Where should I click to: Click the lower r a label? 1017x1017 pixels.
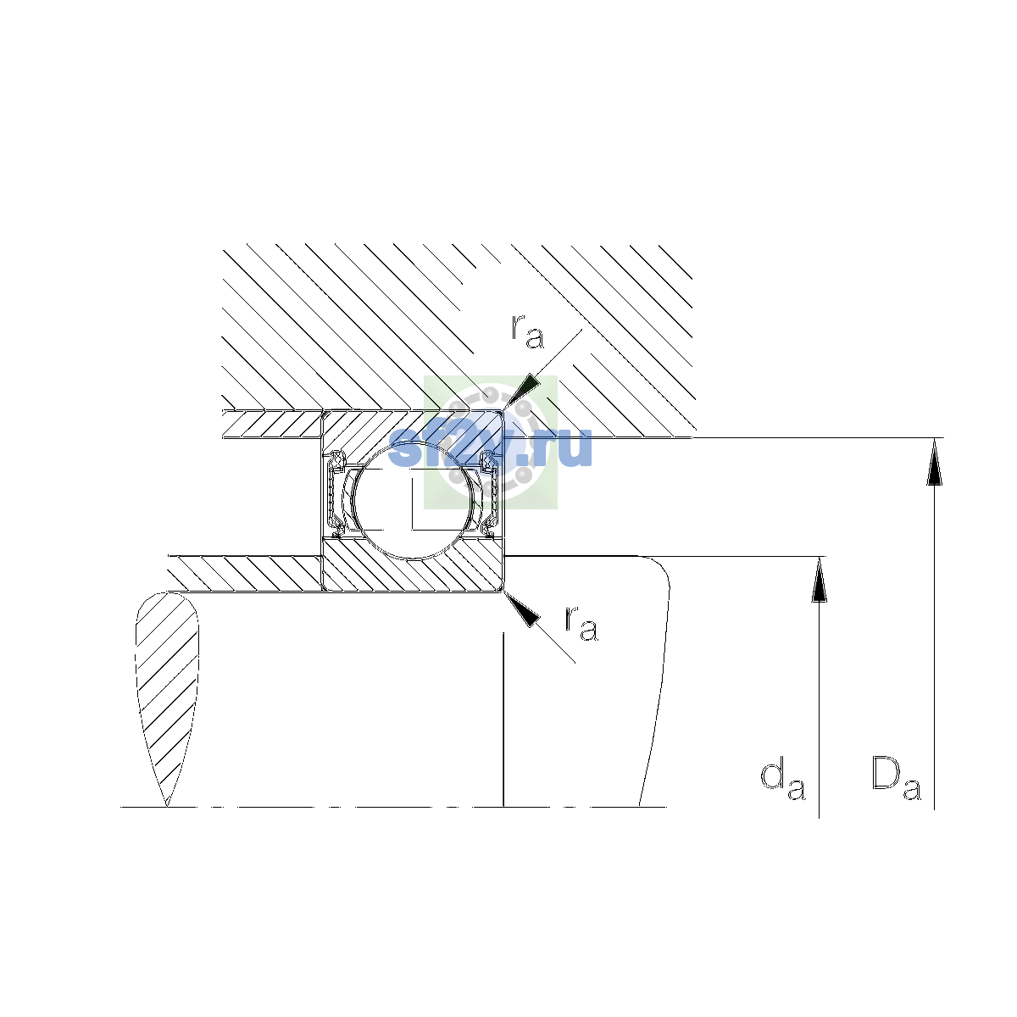(x=581, y=623)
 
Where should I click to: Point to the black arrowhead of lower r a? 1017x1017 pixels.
(x=523, y=609)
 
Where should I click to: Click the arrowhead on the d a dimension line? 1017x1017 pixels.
(x=819, y=580)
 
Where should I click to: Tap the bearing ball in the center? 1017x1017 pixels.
(x=414, y=499)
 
